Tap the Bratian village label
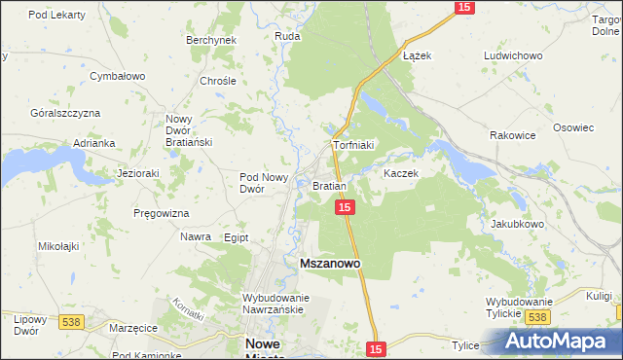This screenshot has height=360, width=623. point(329,185)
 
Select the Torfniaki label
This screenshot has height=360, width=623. point(353,145)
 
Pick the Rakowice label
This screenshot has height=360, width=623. point(513,135)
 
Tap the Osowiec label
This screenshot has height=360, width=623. point(573,127)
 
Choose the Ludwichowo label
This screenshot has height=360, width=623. point(512,55)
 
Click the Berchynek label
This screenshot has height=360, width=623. point(211,40)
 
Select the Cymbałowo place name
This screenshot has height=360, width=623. point(117,75)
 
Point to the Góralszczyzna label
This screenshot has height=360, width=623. point(65,113)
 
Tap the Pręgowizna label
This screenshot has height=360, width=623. point(162,212)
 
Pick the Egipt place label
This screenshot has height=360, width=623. point(237,237)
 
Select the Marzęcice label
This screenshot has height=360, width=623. point(133,328)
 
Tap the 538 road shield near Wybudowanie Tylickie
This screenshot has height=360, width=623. point(537,317)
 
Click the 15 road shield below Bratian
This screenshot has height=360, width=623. point(345,207)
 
